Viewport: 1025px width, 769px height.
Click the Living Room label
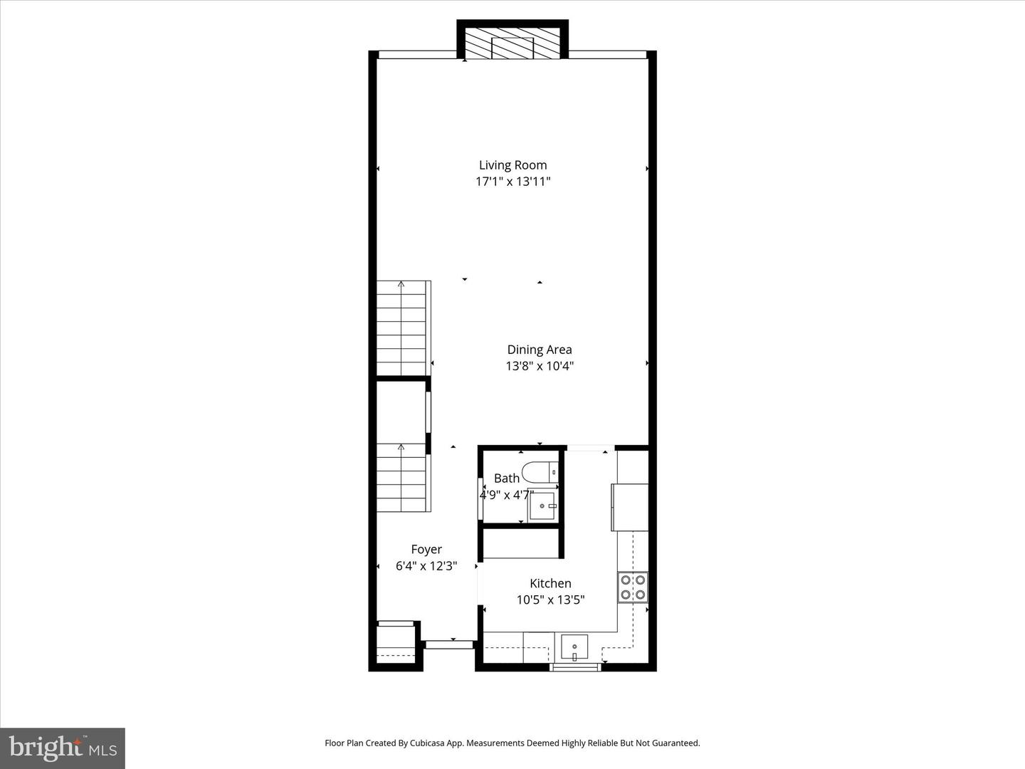click(512, 165)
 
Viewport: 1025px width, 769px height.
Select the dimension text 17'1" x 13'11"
click(512, 182)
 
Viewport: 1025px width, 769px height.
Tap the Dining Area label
click(539, 350)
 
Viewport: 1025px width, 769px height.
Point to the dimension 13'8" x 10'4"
click(539, 366)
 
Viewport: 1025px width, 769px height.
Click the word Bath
click(506, 478)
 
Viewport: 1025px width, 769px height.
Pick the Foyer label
click(426, 550)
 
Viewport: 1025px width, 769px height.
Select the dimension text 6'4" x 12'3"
click(426, 566)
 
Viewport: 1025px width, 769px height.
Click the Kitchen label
click(550, 584)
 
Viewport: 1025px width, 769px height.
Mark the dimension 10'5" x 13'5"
click(550, 600)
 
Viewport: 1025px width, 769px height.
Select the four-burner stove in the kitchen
click(632, 587)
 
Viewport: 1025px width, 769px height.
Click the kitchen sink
click(574, 648)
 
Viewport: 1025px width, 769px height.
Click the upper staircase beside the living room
click(402, 328)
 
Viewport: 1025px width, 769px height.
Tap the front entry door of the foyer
click(449, 644)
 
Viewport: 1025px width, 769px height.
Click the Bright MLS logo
click(63, 748)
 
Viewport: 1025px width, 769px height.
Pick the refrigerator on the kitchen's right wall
click(630, 507)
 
